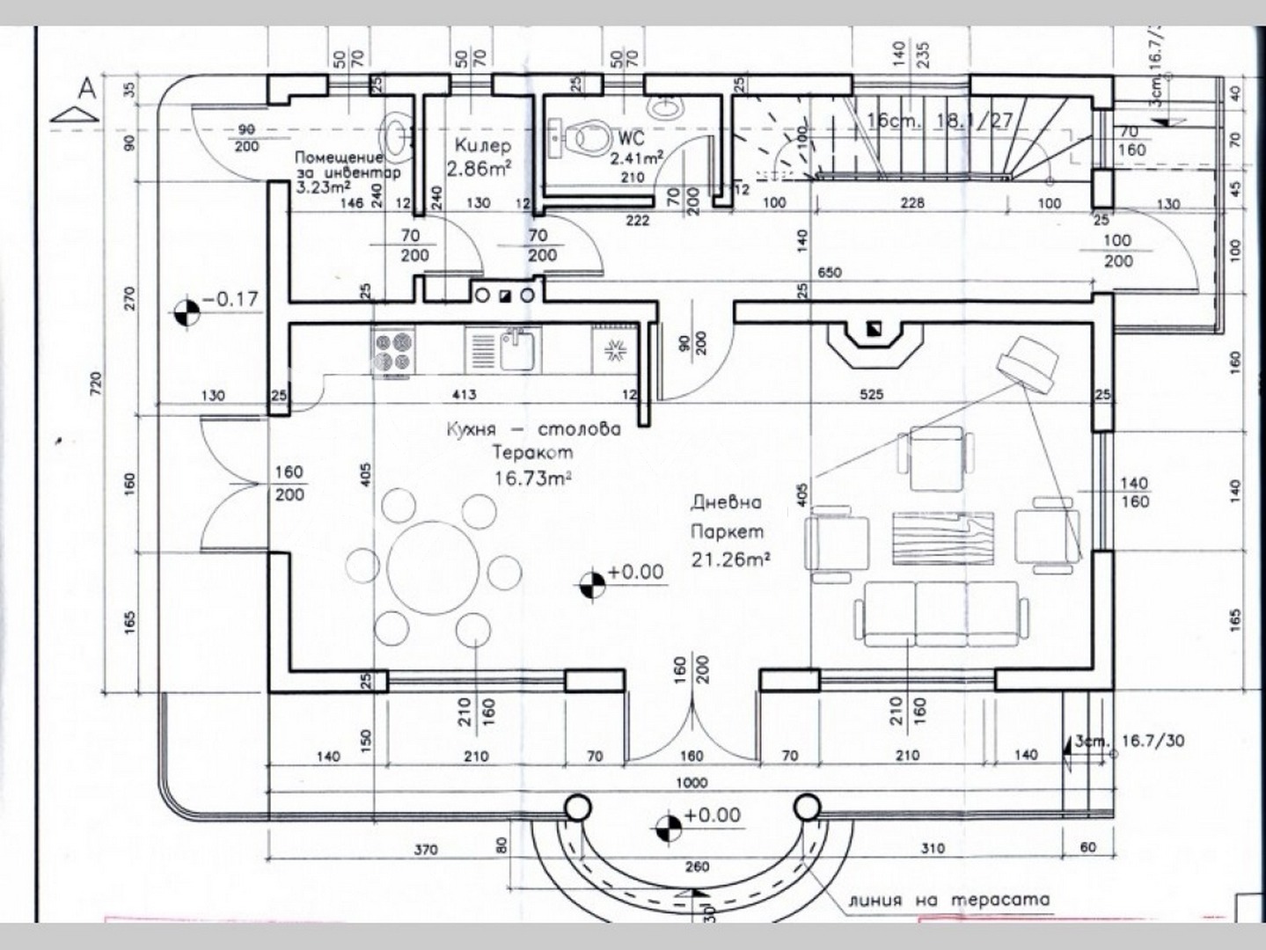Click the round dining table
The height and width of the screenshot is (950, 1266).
(x=432, y=564)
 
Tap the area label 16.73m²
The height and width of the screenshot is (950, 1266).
(x=532, y=478)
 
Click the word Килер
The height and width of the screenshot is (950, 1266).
(x=482, y=145)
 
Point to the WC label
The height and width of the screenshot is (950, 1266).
(x=631, y=138)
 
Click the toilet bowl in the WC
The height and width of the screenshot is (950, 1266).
(x=583, y=139)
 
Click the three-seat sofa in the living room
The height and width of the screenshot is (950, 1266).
(x=940, y=613)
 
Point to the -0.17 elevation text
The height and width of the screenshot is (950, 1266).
(x=231, y=300)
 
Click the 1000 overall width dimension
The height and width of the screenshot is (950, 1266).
(x=692, y=783)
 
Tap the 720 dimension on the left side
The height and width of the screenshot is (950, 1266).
(x=95, y=384)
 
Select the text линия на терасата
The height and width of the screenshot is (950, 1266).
(x=949, y=900)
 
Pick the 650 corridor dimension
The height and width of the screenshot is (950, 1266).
(x=829, y=273)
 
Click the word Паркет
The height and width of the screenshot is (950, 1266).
(x=727, y=532)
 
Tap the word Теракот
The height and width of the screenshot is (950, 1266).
(x=532, y=453)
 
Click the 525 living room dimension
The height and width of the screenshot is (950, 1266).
(x=871, y=395)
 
